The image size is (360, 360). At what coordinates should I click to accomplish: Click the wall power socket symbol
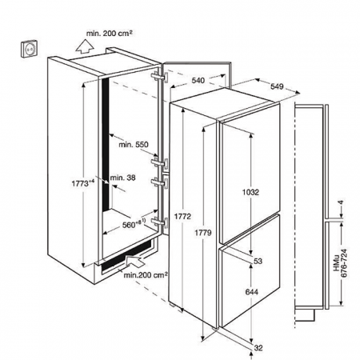[30, 48]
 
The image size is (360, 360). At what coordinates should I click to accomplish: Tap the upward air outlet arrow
[84, 46]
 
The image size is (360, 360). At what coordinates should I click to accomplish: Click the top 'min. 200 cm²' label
[110, 34]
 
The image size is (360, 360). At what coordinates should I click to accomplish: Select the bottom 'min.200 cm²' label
[146, 274]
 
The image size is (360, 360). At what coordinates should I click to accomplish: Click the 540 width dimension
[198, 80]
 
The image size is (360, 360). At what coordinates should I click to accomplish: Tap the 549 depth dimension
[277, 86]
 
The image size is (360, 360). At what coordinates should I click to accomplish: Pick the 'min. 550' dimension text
[134, 145]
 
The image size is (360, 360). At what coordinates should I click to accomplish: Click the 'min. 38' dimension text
[122, 178]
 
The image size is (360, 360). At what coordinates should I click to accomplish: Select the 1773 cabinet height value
[83, 183]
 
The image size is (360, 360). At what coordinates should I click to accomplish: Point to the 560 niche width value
[134, 224]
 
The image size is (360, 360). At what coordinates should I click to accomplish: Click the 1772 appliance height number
[182, 217]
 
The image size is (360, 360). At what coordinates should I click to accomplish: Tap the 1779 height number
[203, 233]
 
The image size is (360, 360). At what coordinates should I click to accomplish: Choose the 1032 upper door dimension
[250, 192]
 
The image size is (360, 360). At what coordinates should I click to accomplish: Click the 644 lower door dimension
[252, 292]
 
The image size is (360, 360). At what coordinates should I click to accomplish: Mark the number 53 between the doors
[258, 261]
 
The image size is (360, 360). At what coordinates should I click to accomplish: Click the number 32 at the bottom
[258, 348]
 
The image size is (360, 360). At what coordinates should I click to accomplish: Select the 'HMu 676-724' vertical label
[340, 263]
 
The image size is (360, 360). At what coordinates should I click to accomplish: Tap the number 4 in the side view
[341, 203]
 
